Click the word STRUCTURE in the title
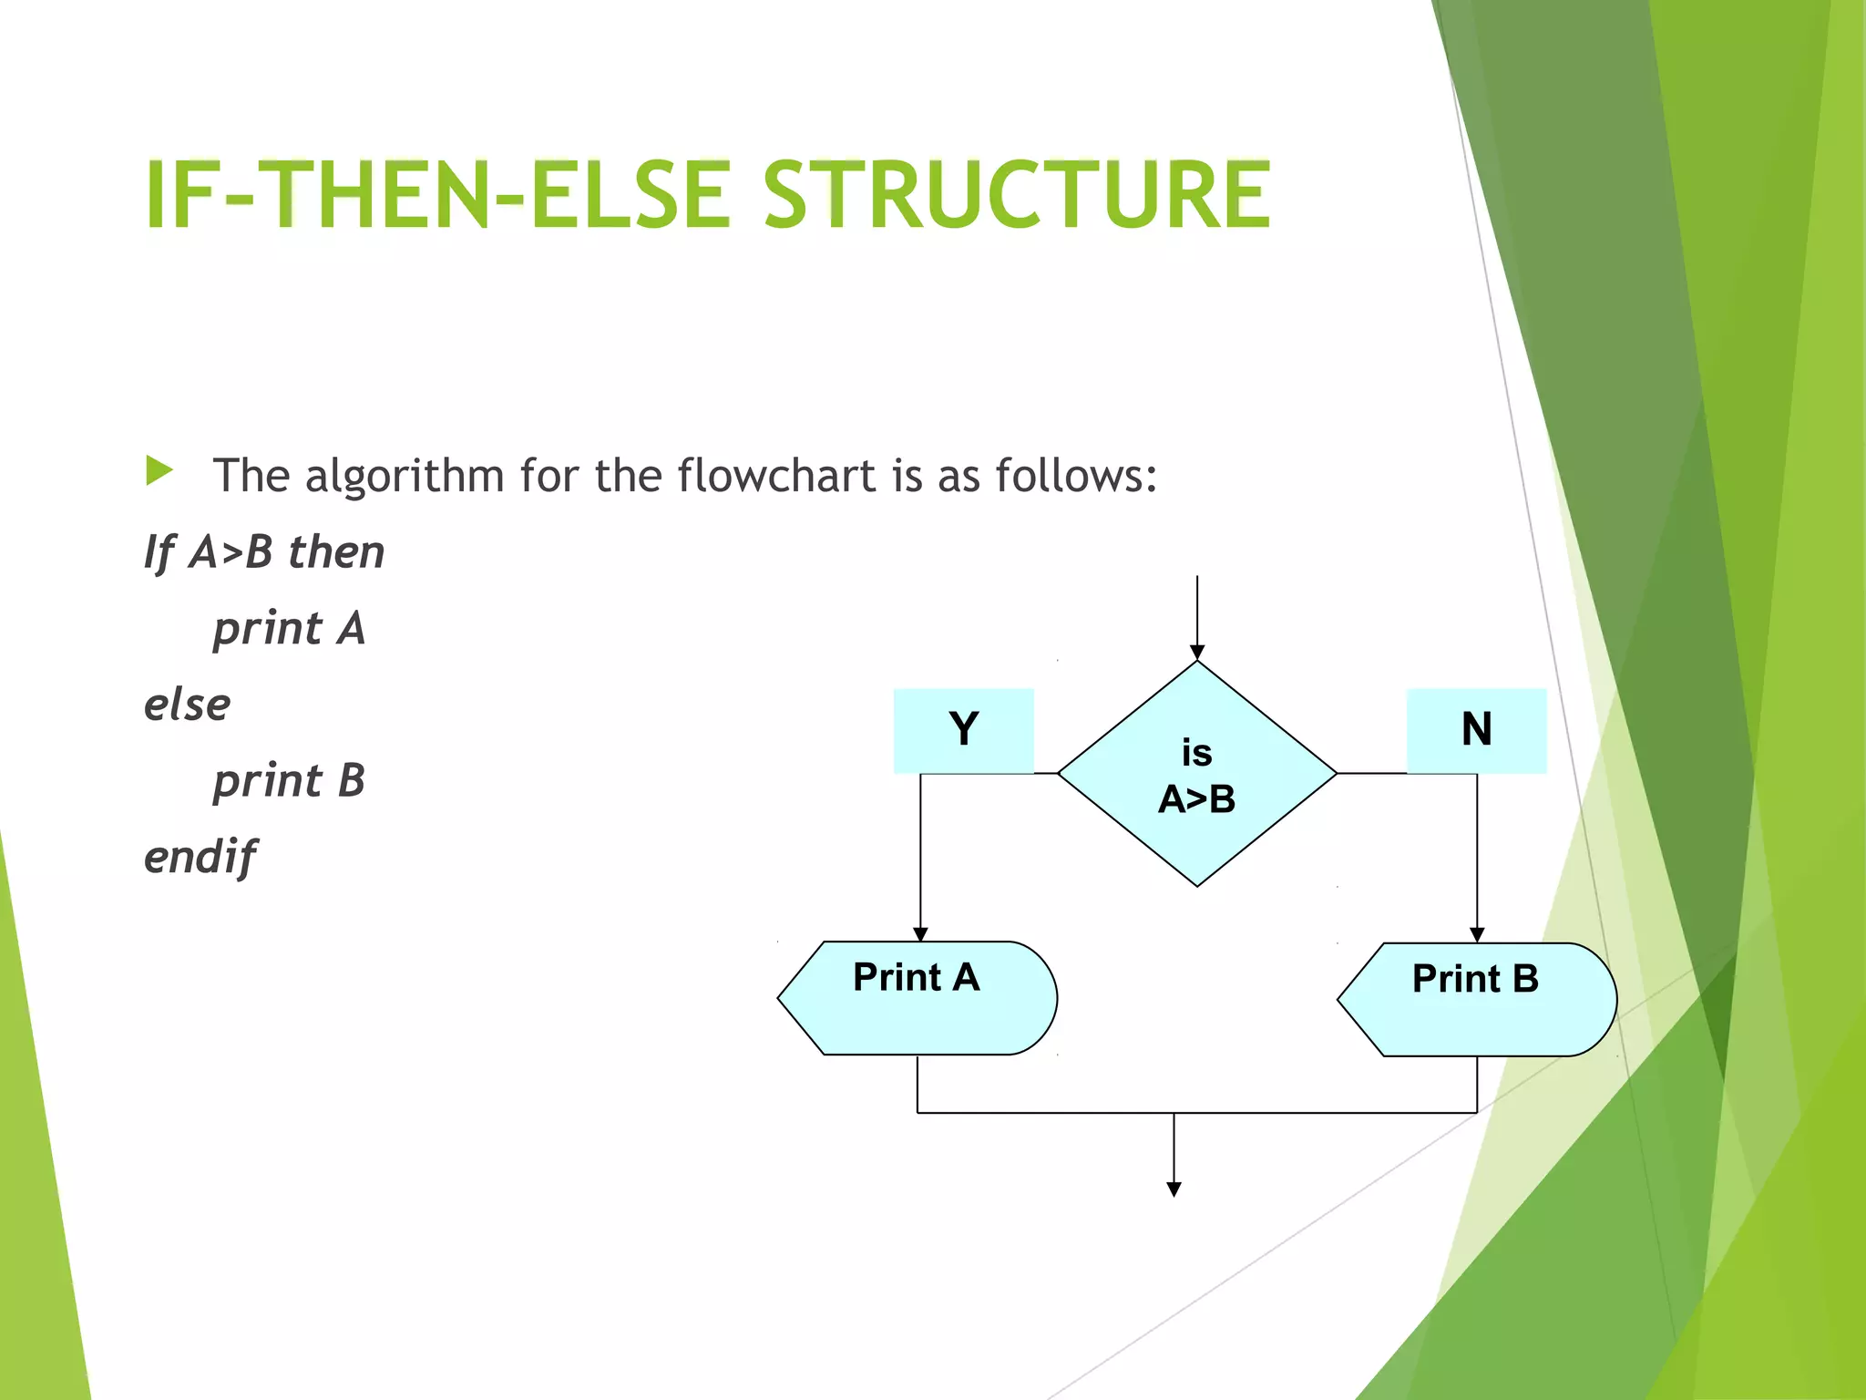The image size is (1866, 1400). (x=1016, y=194)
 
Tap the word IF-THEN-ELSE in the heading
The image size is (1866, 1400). (x=437, y=194)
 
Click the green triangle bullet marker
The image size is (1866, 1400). (x=159, y=471)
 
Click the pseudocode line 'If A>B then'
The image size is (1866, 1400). (x=264, y=552)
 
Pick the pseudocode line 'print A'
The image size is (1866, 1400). (x=289, y=629)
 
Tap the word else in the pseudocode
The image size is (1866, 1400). (x=187, y=705)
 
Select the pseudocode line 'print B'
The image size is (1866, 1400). (x=289, y=781)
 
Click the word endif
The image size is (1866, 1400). (x=200, y=858)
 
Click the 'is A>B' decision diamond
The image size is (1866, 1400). (x=1196, y=774)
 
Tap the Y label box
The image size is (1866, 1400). (x=963, y=730)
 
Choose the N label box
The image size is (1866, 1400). (x=1476, y=730)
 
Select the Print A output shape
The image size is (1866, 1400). (x=918, y=997)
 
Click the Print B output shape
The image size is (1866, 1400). (x=1477, y=999)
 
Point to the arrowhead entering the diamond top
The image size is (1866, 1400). (x=1197, y=652)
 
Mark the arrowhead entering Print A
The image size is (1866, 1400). (x=920, y=934)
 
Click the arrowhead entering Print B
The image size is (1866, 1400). (x=1477, y=935)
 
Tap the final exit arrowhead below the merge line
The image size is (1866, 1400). (x=1174, y=1189)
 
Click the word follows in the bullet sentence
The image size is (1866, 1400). (x=1076, y=475)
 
